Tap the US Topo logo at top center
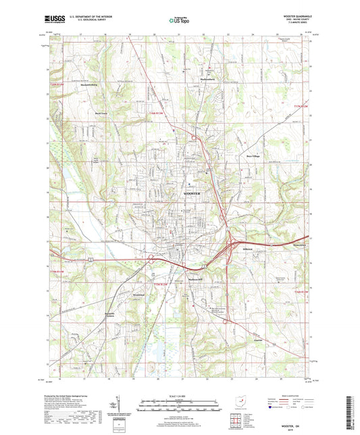pyautogui.click(x=178, y=21)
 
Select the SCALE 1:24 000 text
pyautogui.click(x=179, y=394)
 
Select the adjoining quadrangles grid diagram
pyautogui.click(x=238, y=419)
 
